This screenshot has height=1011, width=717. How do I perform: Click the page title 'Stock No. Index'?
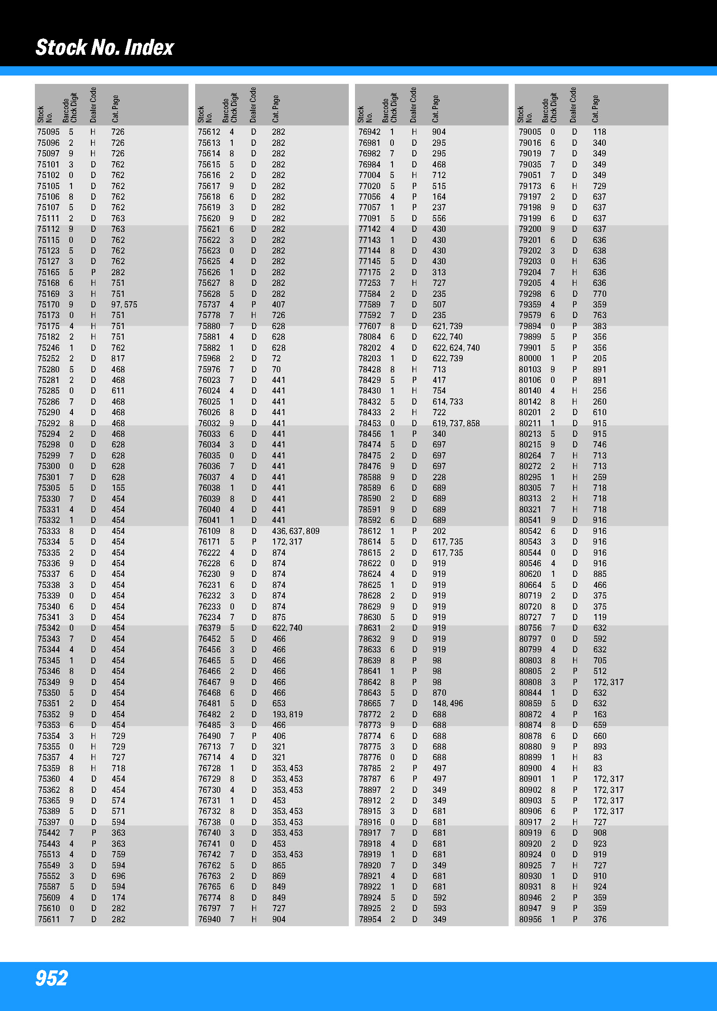(105, 47)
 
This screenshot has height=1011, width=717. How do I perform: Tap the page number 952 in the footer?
(52, 978)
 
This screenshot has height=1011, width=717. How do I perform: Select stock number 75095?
(48, 132)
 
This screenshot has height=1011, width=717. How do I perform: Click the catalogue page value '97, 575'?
(124, 305)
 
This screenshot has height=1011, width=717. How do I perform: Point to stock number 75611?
(49, 920)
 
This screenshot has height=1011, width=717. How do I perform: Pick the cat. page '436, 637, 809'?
(295, 531)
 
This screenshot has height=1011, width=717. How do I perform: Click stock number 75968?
(209, 359)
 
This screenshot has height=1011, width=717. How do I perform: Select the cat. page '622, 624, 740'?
(456, 348)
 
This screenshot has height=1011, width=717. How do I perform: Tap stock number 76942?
(369, 132)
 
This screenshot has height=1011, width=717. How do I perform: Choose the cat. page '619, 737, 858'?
(456, 424)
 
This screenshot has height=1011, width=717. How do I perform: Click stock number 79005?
(530, 132)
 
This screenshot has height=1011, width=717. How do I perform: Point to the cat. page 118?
(599, 132)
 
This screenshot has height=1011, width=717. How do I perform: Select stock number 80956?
(530, 920)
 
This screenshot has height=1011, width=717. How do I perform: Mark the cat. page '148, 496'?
(448, 704)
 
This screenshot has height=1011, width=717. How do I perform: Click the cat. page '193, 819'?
(287, 715)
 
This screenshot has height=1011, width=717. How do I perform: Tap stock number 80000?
(530, 359)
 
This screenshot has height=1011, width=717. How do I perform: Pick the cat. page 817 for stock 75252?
(118, 359)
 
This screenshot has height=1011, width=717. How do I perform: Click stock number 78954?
(370, 920)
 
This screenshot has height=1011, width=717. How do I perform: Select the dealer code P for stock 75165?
(93, 273)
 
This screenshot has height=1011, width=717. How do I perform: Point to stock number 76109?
(209, 531)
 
